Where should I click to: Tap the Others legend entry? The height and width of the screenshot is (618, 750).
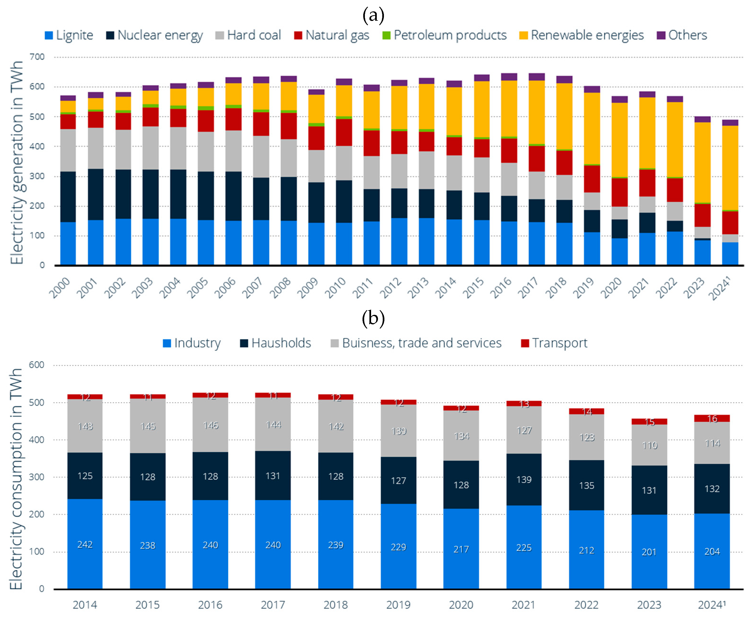pyautogui.click(x=682, y=35)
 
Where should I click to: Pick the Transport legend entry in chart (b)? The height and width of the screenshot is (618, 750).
pyautogui.click(x=554, y=343)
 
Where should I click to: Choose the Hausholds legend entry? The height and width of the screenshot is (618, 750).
pyautogui.click(x=275, y=343)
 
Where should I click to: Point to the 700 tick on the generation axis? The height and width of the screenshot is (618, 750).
pyautogui.click(x=37, y=57)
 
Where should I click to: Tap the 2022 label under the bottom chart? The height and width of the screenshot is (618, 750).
pyautogui.click(x=586, y=605)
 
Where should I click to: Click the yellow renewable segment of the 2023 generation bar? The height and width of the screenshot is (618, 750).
pyautogui.click(x=702, y=162)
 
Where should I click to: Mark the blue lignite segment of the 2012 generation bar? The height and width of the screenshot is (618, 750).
pyautogui.click(x=399, y=241)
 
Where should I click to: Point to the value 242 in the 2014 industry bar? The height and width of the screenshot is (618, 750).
pyautogui.click(x=85, y=545)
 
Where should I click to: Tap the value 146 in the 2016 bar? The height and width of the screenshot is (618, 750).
pyautogui.click(x=210, y=425)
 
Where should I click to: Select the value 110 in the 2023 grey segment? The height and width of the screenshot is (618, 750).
pyautogui.click(x=649, y=445)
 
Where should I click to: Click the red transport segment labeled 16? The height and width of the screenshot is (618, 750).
pyautogui.click(x=712, y=419)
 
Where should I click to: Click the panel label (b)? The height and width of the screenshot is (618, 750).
pyautogui.click(x=373, y=318)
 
